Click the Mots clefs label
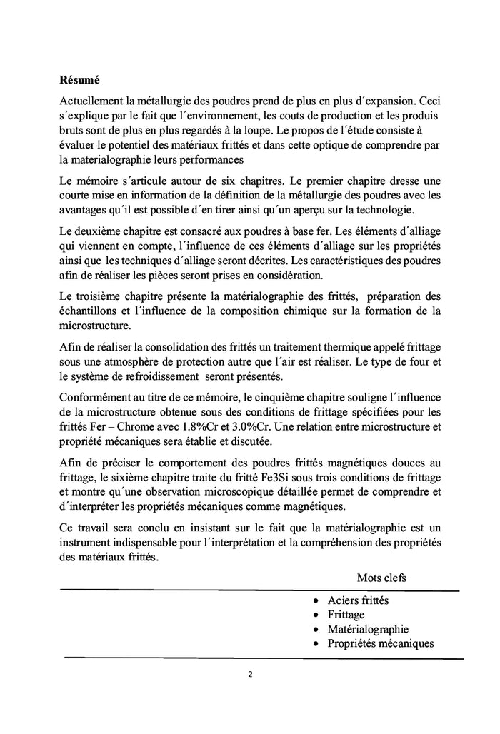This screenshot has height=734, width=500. coord(381,577)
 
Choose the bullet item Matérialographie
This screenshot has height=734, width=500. coord(368,629)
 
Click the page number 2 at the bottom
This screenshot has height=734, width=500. coord(250,673)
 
